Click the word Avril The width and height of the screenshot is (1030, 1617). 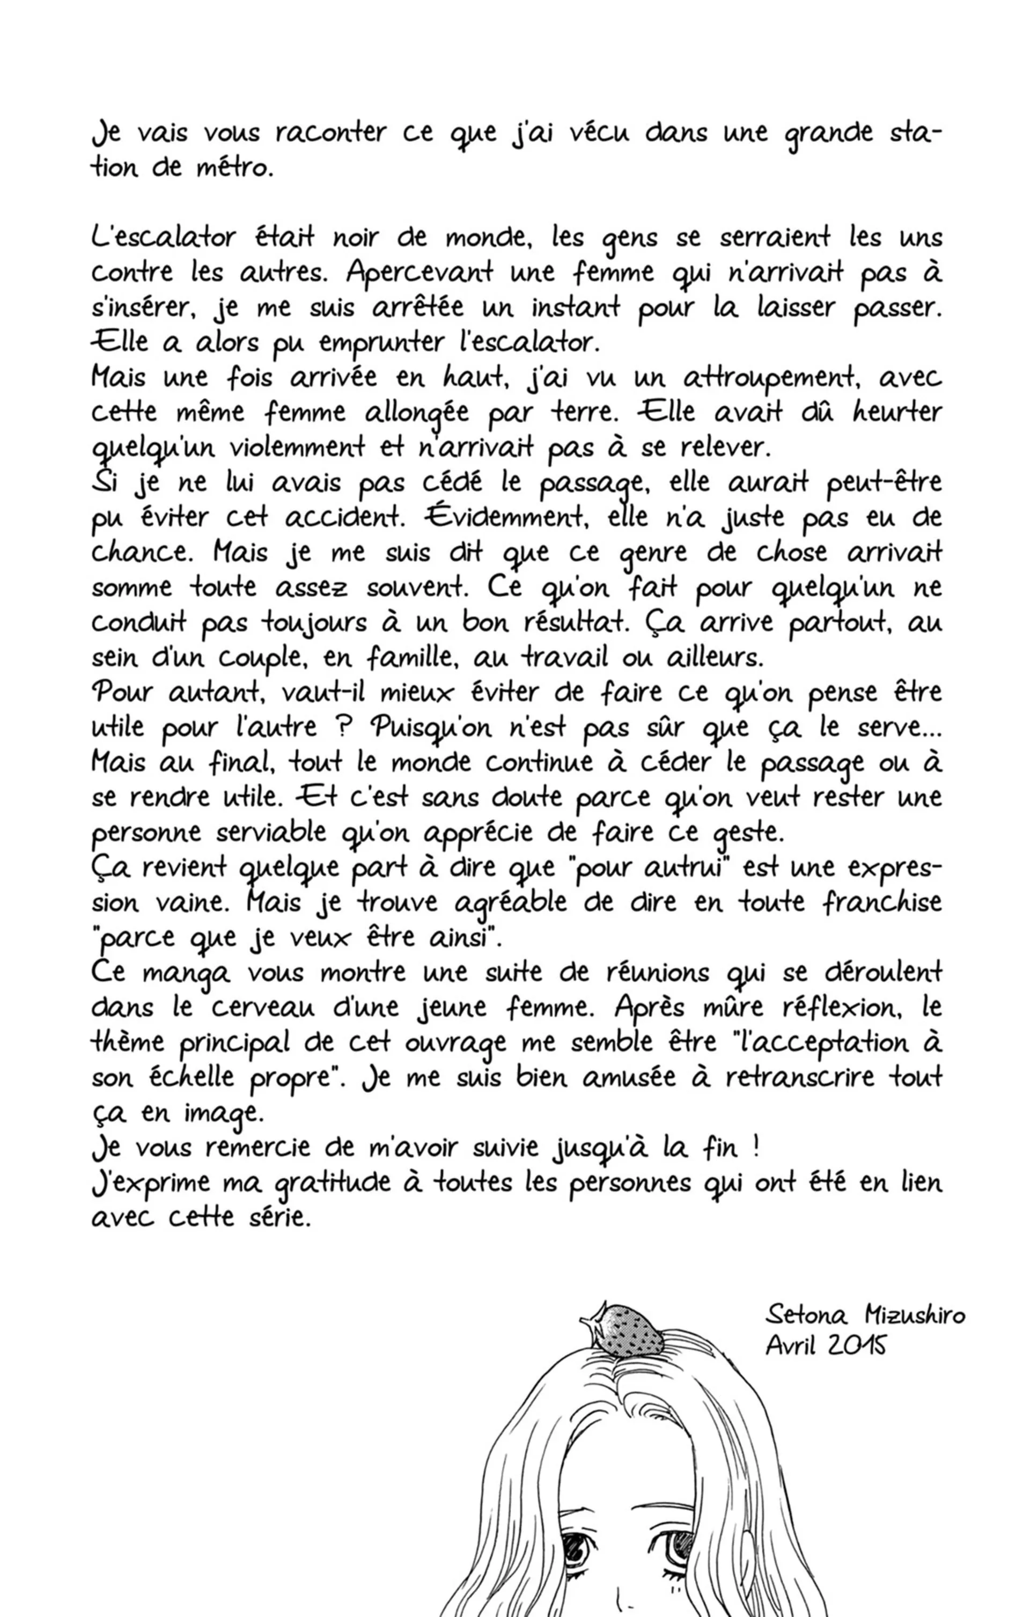791,1345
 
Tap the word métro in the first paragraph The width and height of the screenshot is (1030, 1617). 234,168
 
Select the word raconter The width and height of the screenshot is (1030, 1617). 330,133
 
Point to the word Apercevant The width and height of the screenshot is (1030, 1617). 421,273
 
